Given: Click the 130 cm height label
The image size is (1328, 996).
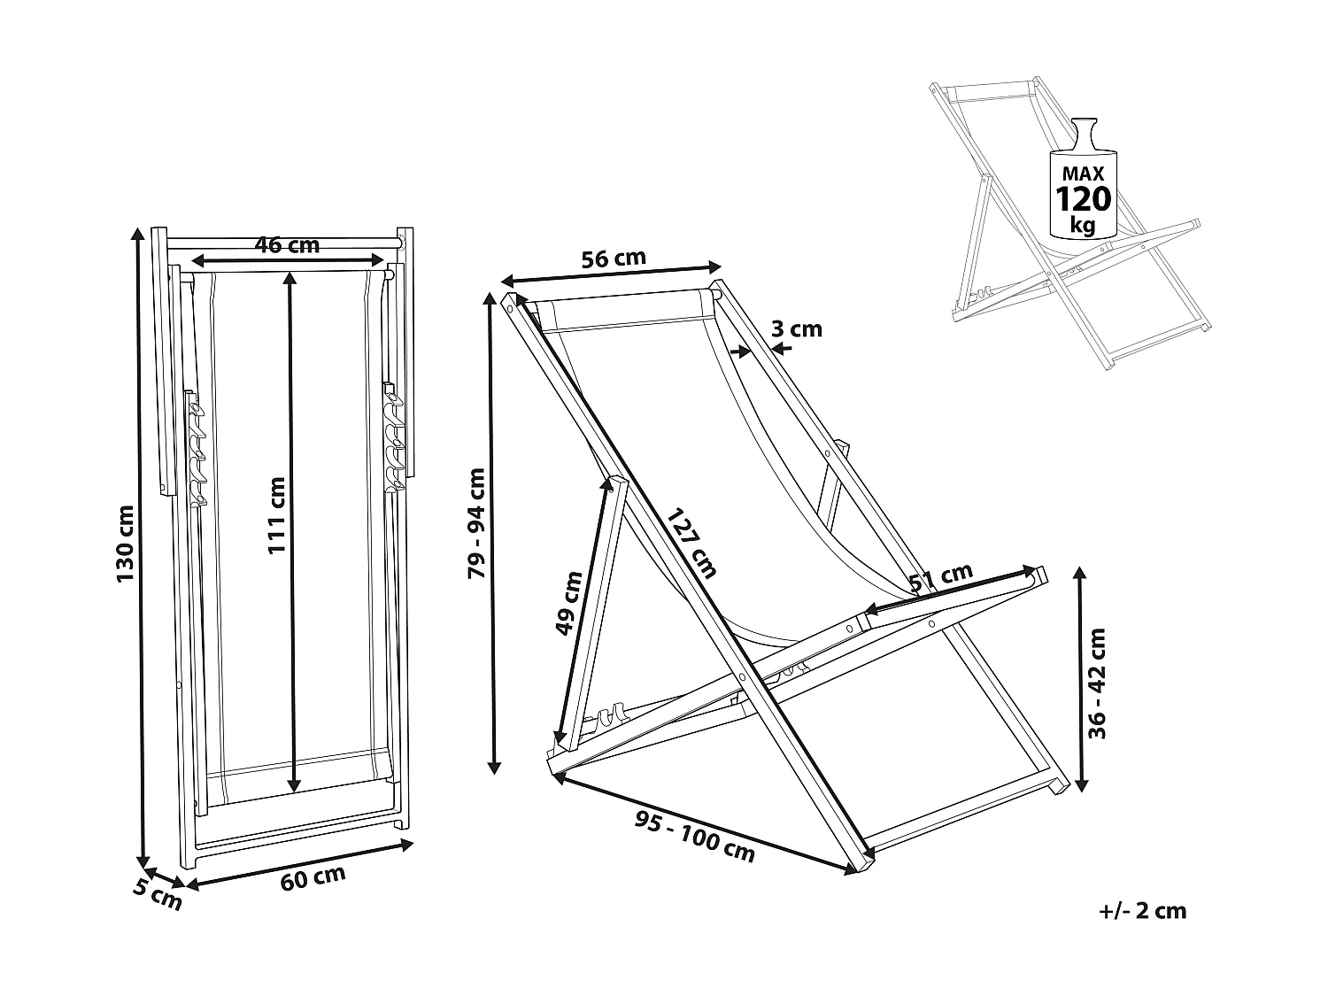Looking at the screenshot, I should (125, 544).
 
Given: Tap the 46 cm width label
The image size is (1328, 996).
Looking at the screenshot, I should (287, 245).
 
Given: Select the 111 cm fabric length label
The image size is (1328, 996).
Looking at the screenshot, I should (277, 515).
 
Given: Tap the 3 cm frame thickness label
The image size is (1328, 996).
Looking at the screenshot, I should (797, 329).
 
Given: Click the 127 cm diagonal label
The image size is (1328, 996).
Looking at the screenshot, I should (691, 543).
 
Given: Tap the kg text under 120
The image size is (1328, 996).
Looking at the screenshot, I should (1082, 225).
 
